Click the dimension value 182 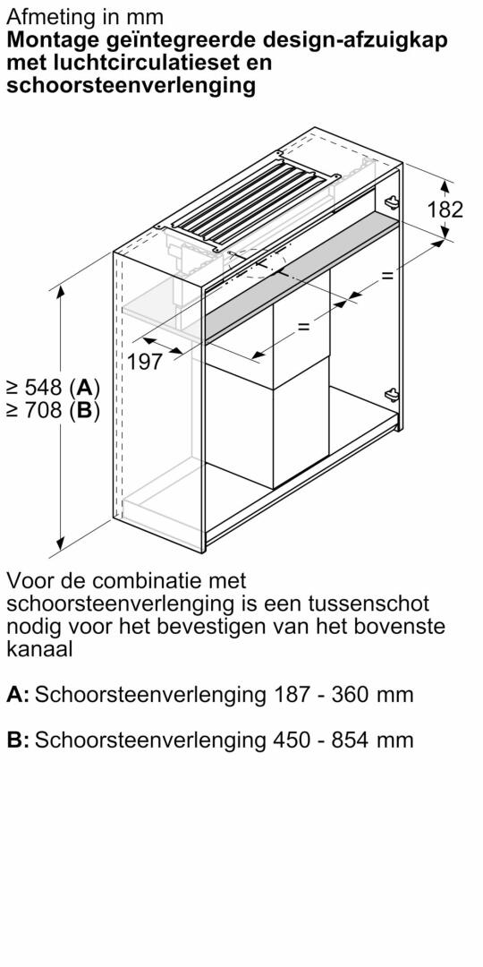coord(445,210)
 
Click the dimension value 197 coord(146,362)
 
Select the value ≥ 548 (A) coord(53,388)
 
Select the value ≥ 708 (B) coord(53,410)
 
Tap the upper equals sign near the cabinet coord(387,276)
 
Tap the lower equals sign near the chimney coord(304,327)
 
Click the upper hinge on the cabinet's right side coord(391,201)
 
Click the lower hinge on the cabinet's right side coord(391,395)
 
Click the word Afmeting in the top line coord(45,16)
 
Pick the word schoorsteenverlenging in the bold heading coord(131,86)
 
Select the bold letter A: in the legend coord(18,695)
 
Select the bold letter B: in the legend coord(18,740)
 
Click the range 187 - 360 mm coord(342,695)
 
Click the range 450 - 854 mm coord(342,740)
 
